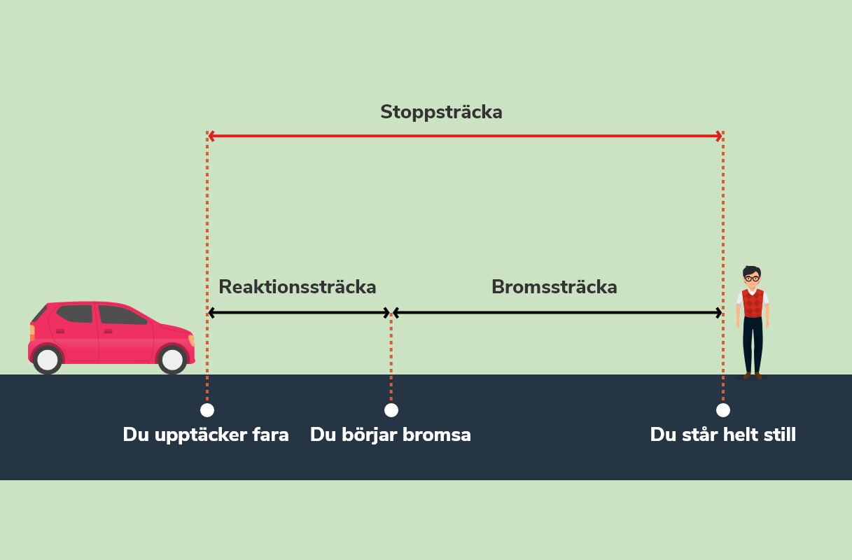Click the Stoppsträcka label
(441, 112)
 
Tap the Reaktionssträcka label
(298, 287)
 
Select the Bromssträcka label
(554, 287)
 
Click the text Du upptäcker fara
(206, 435)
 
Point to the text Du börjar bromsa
(391, 435)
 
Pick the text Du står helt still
(723, 435)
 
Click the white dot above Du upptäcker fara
(207, 410)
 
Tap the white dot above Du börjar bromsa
(391, 410)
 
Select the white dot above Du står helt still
(723, 410)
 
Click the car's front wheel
(172, 360)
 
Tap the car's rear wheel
(48, 360)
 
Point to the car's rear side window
(74, 314)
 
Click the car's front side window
(120, 316)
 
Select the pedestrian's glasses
(752, 279)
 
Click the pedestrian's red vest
(753, 303)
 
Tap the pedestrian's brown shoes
(753, 376)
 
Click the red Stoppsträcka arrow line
(465, 136)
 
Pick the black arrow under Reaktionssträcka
(299, 313)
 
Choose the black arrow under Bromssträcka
(557, 313)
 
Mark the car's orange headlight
(191, 340)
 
